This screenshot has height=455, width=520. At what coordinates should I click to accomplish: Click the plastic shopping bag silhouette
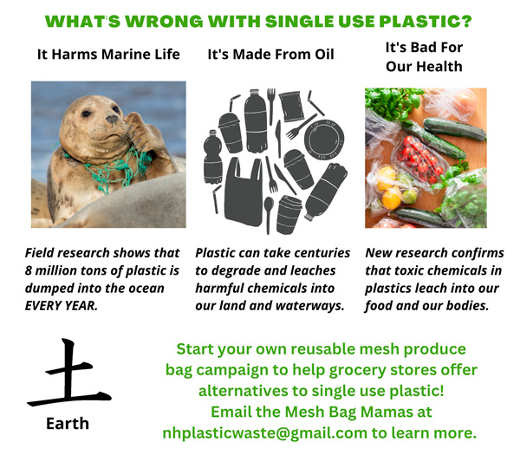(244, 192)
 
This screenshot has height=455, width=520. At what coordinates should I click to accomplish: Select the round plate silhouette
(323, 139)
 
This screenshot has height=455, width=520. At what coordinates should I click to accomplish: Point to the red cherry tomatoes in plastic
(419, 159)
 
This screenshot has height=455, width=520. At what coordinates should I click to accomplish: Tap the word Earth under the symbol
(68, 424)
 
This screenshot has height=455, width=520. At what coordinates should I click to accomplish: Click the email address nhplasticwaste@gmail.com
(264, 432)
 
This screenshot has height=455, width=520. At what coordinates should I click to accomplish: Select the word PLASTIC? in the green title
(426, 22)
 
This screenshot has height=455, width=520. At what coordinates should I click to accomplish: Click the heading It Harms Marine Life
(108, 54)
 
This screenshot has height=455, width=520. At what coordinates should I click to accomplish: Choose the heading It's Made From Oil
(270, 54)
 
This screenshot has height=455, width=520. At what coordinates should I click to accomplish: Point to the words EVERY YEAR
(62, 305)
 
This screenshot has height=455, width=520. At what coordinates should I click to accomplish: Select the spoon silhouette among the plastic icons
(269, 215)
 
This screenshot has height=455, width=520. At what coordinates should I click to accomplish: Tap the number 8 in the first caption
(29, 270)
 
